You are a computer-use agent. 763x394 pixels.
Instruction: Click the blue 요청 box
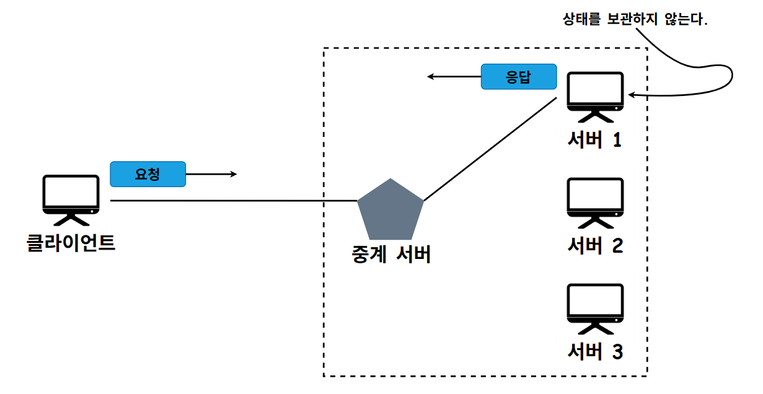(148, 174)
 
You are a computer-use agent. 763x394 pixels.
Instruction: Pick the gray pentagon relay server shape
(390, 211)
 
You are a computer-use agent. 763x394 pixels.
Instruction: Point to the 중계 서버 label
(390, 254)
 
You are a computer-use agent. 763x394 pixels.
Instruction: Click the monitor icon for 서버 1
(596, 94)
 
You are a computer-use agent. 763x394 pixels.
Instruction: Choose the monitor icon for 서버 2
(596, 200)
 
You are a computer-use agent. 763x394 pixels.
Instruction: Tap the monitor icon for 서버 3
(596, 306)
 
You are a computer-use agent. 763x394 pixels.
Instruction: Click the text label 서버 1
(595, 140)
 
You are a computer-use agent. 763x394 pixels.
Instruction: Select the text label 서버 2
(595, 246)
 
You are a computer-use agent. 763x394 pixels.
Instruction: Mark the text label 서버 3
(595, 352)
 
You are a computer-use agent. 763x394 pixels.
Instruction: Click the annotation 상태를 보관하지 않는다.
(633, 19)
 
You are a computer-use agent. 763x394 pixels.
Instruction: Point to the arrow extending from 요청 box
(211, 174)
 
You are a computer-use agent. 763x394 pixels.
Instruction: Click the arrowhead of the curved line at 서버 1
(632, 95)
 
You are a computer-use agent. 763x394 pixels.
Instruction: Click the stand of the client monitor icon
(71, 219)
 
